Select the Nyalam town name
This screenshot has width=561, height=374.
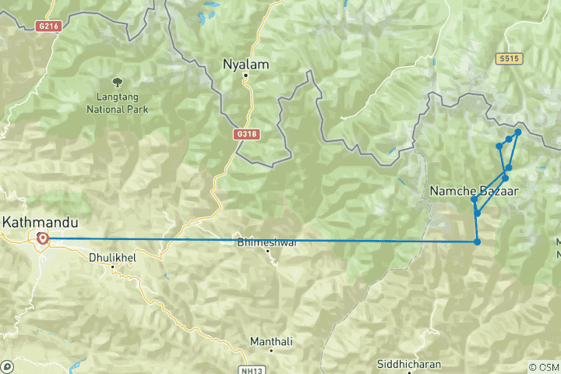point(245,65)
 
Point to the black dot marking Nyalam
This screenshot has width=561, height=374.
point(245,76)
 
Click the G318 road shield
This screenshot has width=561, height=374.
point(245,134)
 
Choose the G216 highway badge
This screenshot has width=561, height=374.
point(48,26)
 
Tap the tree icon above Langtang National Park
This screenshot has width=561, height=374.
point(117,81)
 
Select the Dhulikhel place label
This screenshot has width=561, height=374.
point(113,256)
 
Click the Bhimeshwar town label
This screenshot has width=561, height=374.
point(267,242)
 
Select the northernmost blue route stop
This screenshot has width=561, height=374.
point(518,132)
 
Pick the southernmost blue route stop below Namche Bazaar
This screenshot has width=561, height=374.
point(477,242)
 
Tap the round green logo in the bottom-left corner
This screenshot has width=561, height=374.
point(8,365)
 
